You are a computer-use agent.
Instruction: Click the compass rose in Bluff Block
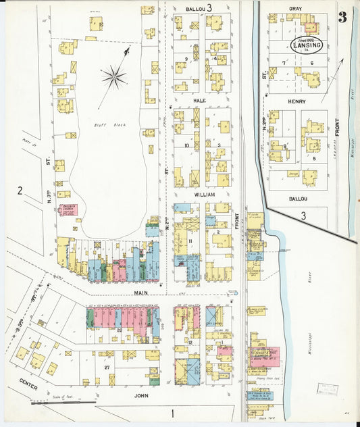point(115,76)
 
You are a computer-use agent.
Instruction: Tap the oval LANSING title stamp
point(306,45)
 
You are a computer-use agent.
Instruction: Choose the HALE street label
point(199,100)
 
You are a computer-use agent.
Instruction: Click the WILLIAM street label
point(205,195)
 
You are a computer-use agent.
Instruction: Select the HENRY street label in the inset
point(297,102)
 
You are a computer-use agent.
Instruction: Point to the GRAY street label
point(295,9)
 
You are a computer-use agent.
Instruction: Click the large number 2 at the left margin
point(20,191)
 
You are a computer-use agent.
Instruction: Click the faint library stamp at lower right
point(330,389)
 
